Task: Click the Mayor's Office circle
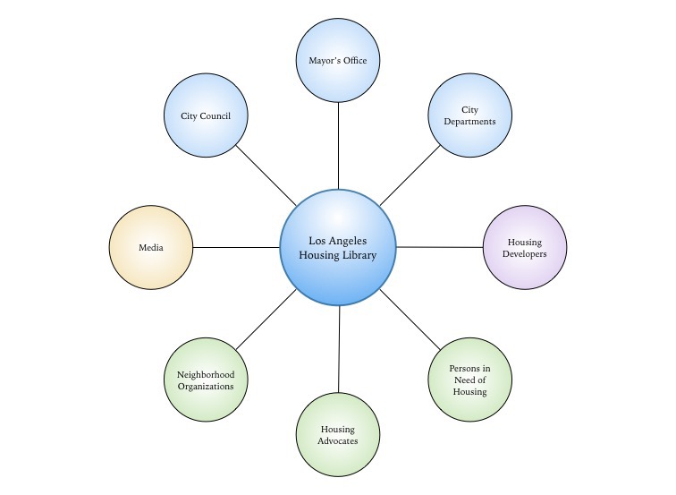coord(338,60)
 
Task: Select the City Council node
coord(206,115)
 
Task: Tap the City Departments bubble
coord(470,115)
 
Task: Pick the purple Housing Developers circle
coord(525,247)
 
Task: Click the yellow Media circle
coord(151,247)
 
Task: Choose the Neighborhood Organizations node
coord(206,380)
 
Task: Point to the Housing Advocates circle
coord(338,435)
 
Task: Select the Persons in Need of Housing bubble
coord(470,380)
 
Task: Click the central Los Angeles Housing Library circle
coord(338,247)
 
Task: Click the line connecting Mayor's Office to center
coord(338,146)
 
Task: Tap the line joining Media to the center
coord(236,247)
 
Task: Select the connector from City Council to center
coord(266,175)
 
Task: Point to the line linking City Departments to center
coord(410,175)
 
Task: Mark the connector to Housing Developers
coord(439,247)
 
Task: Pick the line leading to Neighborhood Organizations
coord(266,320)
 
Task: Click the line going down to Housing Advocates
coord(339,349)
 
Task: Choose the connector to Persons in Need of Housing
coord(410,320)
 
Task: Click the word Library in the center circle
coord(359,255)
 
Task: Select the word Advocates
coord(338,441)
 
